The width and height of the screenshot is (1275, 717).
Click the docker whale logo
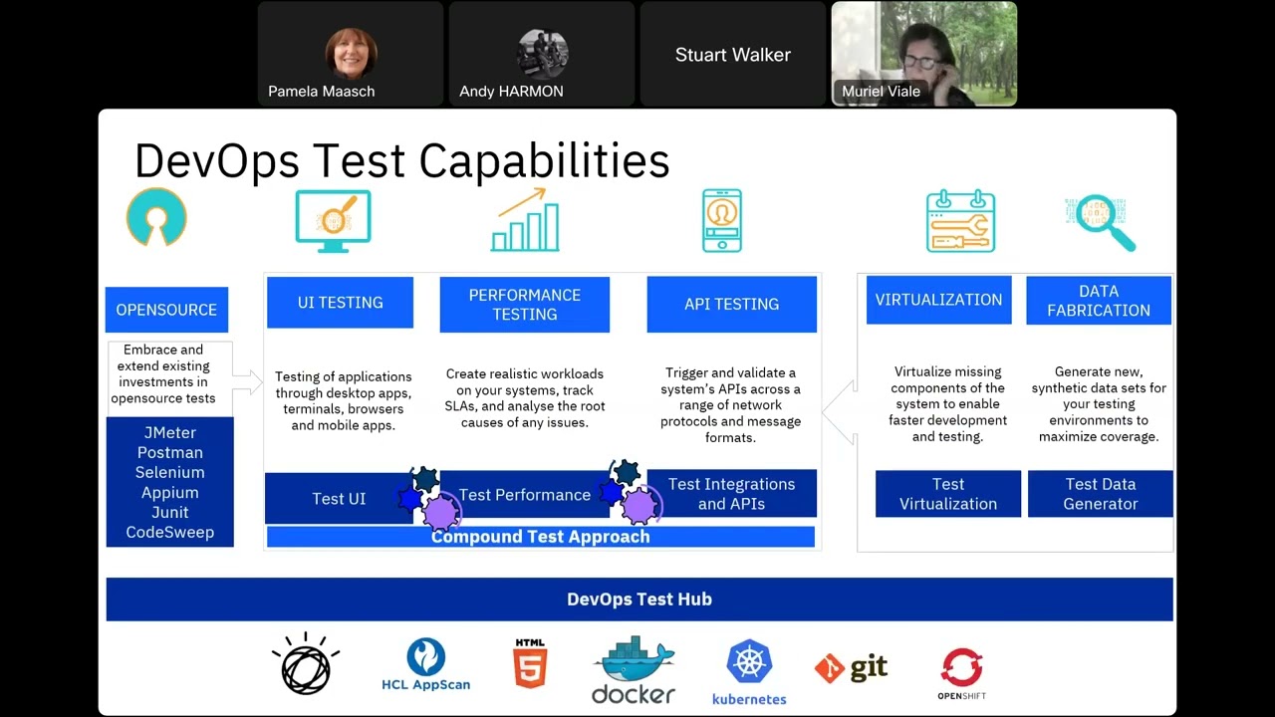(634, 670)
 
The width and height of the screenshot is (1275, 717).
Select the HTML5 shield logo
(530, 664)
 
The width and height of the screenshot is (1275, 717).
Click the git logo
(851, 667)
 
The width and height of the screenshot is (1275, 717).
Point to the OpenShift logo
(961, 673)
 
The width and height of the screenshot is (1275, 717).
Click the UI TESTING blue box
(340, 303)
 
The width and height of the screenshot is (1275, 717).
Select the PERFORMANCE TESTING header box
(524, 305)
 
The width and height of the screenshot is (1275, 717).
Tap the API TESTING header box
(731, 305)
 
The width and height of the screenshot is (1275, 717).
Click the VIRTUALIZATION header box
(938, 300)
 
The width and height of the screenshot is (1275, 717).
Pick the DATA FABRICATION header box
(1098, 301)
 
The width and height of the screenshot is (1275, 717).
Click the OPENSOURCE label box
(166, 310)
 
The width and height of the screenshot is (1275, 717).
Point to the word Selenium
(169, 473)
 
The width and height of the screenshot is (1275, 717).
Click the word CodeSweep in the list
(169, 533)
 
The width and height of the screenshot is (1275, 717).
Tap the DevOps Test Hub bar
(638, 599)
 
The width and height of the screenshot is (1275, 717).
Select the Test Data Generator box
(1100, 494)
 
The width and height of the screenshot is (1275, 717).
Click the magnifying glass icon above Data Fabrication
(1103, 221)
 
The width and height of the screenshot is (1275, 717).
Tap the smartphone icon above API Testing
(721, 221)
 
